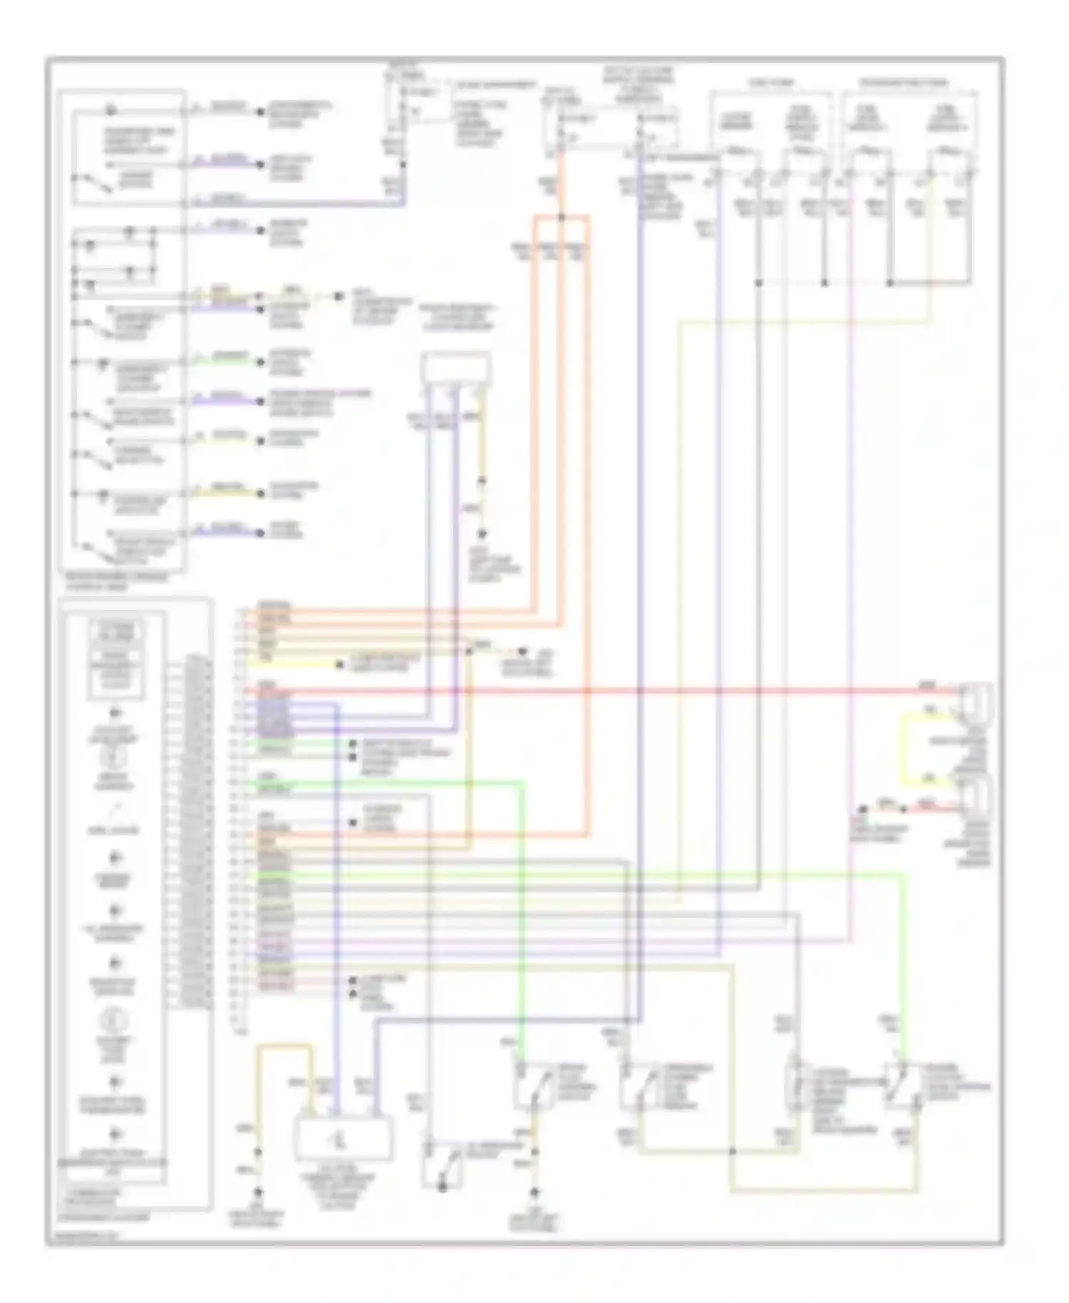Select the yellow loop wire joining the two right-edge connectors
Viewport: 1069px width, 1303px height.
click(907, 748)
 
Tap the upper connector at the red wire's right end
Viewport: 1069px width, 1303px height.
click(976, 699)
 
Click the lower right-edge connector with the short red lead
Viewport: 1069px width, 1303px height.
click(976, 799)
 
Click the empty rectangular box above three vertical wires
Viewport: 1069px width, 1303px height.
click(455, 369)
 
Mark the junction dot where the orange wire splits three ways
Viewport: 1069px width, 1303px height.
click(561, 217)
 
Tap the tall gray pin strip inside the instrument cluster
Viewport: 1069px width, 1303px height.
click(188, 830)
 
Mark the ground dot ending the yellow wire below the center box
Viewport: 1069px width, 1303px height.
click(482, 534)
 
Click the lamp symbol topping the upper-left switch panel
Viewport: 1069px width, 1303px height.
click(110, 110)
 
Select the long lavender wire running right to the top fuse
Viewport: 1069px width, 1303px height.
click(299, 204)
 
